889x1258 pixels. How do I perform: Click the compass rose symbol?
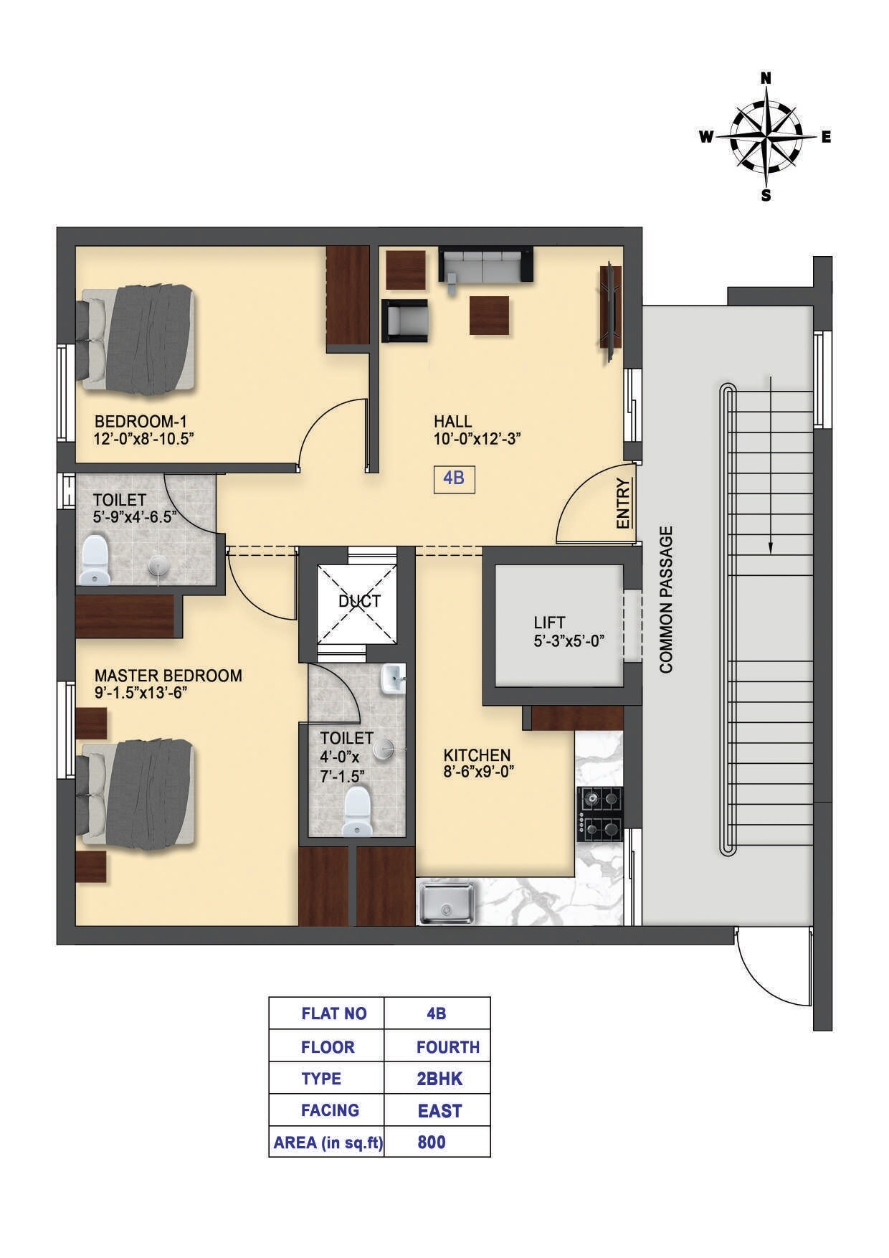(x=766, y=137)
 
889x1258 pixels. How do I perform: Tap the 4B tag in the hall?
(x=454, y=478)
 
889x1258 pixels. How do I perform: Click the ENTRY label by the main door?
(x=623, y=503)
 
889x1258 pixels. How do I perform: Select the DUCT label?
(x=359, y=601)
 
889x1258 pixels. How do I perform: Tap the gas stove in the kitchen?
(x=599, y=814)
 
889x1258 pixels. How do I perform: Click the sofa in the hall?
(x=485, y=265)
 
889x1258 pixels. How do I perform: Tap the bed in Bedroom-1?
(x=136, y=338)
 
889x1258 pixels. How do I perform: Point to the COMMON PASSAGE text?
(x=667, y=600)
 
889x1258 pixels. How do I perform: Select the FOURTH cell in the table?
(x=447, y=1046)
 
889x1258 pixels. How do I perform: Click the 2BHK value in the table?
(x=439, y=1079)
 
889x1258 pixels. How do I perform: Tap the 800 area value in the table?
(x=431, y=1142)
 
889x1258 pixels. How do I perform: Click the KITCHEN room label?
(x=477, y=755)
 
